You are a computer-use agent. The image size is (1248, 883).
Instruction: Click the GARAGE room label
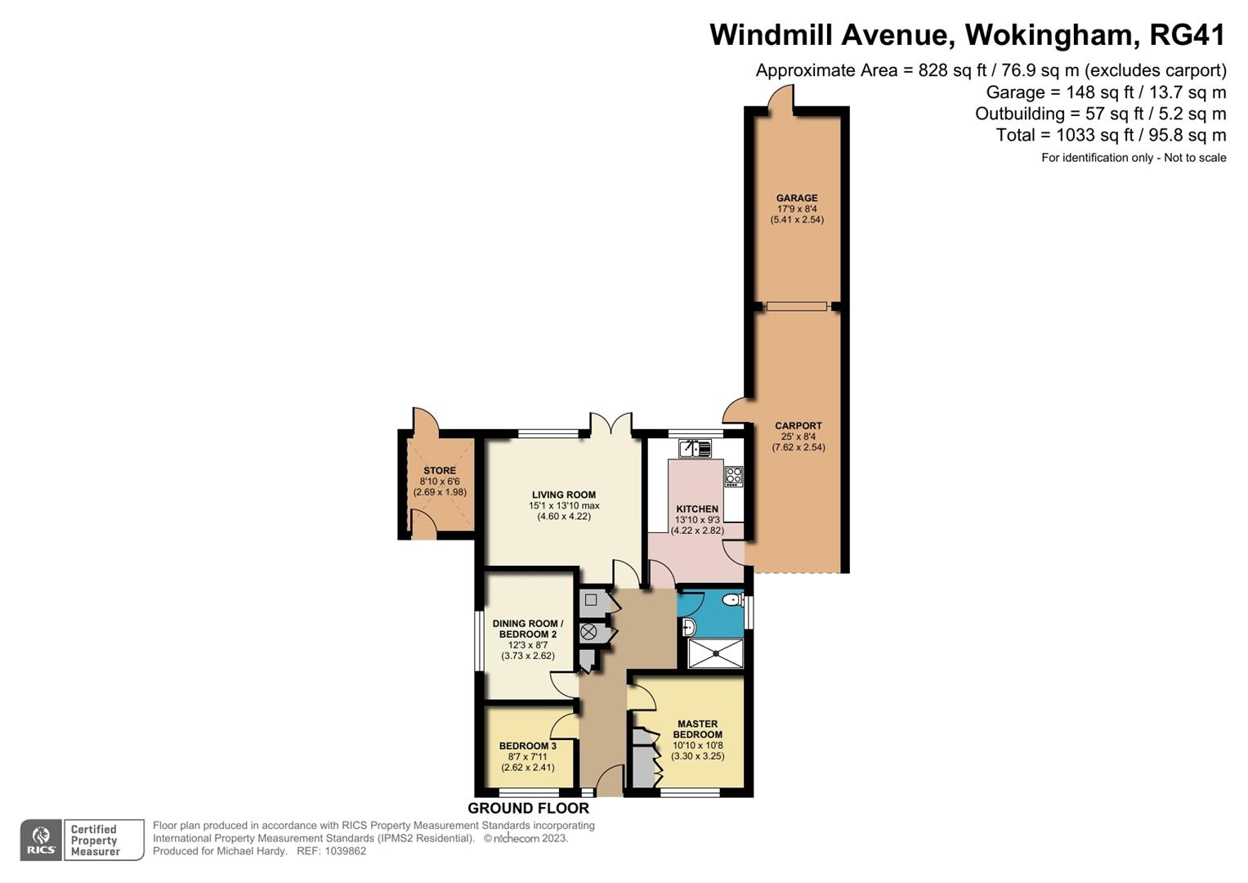(x=796, y=198)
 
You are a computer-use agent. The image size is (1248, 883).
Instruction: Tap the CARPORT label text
(x=798, y=426)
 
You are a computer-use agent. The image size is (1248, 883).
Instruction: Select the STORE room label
(x=440, y=471)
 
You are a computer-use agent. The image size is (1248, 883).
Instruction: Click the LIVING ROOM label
(x=563, y=495)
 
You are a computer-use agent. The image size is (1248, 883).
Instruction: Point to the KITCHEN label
(x=696, y=509)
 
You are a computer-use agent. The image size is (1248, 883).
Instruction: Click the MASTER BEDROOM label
(x=697, y=729)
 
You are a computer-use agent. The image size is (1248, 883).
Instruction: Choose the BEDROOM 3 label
(x=527, y=746)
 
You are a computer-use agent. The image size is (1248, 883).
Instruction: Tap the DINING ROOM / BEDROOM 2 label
(x=527, y=629)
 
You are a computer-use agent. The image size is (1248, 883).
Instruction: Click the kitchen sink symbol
(x=695, y=448)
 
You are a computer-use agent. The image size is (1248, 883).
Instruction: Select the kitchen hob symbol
(x=733, y=477)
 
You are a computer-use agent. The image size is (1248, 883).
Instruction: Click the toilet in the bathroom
(x=731, y=601)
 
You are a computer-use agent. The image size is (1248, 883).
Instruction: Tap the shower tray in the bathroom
(x=715, y=653)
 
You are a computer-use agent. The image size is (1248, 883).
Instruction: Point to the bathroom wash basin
(x=688, y=628)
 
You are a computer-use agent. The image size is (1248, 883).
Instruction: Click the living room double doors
(x=610, y=424)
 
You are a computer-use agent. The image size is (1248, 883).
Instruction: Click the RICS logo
(x=41, y=840)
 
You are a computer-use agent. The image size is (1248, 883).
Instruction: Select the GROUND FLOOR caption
(x=528, y=809)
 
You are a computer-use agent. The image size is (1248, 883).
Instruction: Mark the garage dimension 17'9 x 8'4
(x=796, y=209)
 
